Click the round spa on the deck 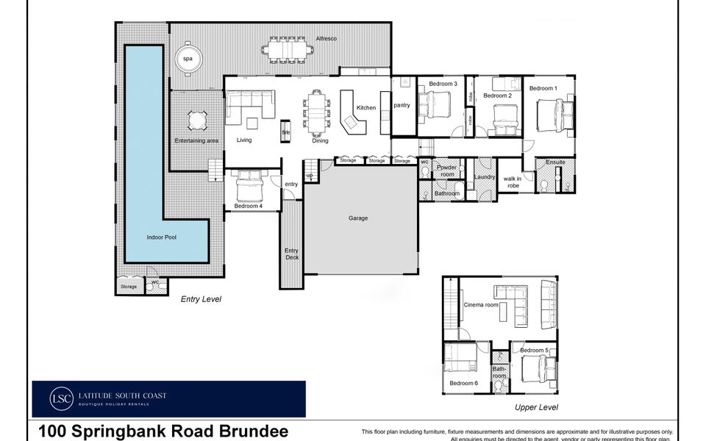[188, 58]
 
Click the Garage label [358, 218]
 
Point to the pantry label [402, 105]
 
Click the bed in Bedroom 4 [250, 188]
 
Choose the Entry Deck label [291, 254]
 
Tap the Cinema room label [481, 305]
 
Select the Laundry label [485, 176]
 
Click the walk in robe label [512, 182]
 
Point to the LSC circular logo [62, 398]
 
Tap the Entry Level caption [201, 299]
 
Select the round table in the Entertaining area [196, 120]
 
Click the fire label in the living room [285, 132]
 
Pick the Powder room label [447, 171]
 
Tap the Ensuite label [555, 162]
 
